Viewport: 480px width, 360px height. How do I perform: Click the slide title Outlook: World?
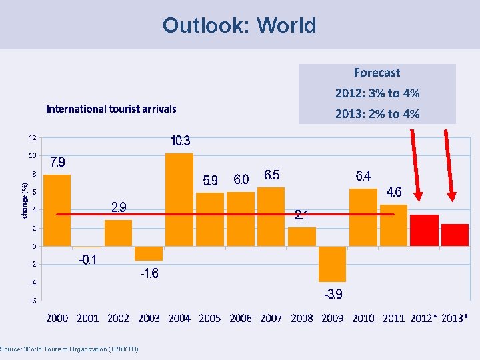[x=239, y=25]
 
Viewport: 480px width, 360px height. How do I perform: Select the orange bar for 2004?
[x=179, y=199]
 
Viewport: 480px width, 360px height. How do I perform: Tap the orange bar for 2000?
[x=57, y=210]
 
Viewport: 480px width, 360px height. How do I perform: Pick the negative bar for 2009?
[x=332, y=264]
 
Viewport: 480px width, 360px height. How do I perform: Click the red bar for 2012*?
[x=424, y=230]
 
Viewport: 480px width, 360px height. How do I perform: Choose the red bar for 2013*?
[x=455, y=235]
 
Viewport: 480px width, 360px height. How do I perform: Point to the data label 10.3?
[x=181, y=141]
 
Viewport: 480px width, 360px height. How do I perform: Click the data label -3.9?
[x=333, y=295]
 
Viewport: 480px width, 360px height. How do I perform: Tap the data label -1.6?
[x=149, y=273]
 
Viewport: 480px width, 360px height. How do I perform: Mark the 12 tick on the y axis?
[x=32, y=138]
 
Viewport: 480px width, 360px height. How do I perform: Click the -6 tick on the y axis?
[x=32, y=301]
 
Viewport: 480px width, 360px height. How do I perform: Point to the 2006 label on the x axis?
[x=241, y=318]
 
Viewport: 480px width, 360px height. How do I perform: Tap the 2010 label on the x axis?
[x=363, y=318]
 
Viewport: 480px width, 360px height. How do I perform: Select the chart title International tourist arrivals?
[x=111, y=109]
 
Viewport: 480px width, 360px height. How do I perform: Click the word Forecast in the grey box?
[x=377, y=73]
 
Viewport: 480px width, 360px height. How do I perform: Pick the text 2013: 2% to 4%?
[x=377, y=114]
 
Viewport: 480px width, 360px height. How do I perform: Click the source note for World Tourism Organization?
[x=69, y=349]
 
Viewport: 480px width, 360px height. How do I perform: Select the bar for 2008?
[x=302, y=237]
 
